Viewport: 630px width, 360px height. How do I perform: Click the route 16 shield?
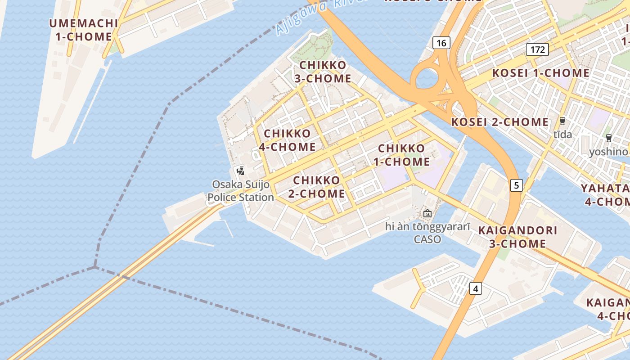(441, 43)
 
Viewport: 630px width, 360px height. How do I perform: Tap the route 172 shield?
(538, 49)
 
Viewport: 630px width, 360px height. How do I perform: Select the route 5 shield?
(516, 184)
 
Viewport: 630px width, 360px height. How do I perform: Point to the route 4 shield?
(476, 288)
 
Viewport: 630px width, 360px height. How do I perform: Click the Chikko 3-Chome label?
(323, 72)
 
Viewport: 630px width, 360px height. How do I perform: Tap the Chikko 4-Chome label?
(287, 140)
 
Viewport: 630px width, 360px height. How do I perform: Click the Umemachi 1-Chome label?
(83, 30)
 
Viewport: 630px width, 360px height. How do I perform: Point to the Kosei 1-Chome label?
(540, 73)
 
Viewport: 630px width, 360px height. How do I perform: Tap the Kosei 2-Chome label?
(499, 122)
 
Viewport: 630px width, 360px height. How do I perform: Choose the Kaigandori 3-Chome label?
(517, 237)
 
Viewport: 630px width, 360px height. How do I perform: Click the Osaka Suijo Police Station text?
(241, 191)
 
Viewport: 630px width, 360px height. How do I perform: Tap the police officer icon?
(240, 171)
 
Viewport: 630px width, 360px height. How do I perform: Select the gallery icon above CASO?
(427, 213)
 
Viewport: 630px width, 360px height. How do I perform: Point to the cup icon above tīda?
(562, 121)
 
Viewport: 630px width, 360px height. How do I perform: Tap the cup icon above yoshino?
(609, 138)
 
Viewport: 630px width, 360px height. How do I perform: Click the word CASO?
(427, 239)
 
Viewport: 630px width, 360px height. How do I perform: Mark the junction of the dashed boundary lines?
(94, 267)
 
